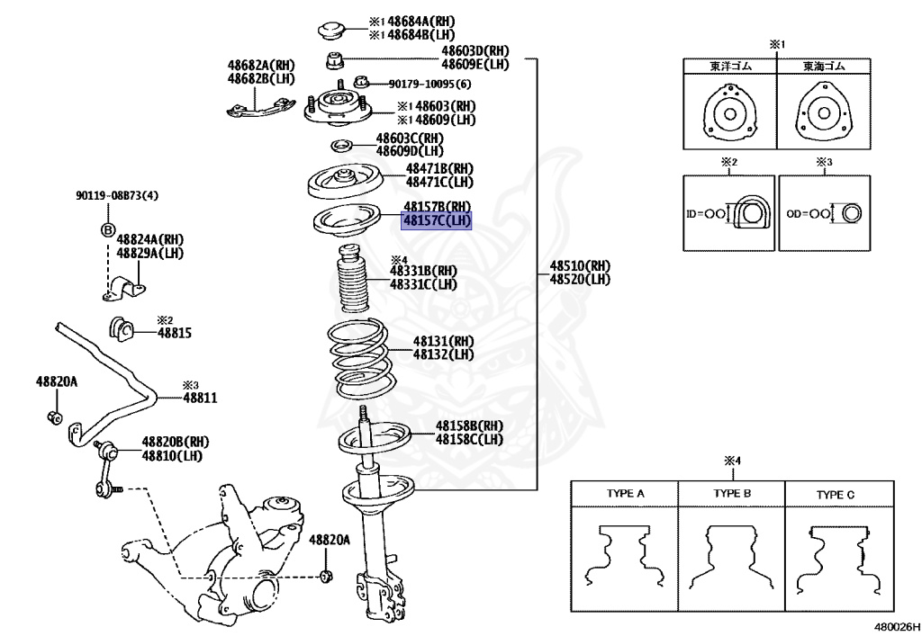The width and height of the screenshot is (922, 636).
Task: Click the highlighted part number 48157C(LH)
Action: point(437,221)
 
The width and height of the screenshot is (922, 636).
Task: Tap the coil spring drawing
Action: point(357,360)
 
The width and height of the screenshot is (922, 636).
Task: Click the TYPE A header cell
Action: point(625,494)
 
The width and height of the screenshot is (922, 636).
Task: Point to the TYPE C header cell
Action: point(837,494)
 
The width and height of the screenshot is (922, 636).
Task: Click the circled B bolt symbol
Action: point(106,229)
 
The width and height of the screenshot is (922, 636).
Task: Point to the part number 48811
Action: point(201,397)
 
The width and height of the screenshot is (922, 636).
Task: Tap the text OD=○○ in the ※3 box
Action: point(805,215)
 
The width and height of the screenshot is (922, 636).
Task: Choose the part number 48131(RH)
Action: point(444,342)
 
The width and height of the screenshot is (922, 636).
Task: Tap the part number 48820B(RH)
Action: point(174,443)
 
